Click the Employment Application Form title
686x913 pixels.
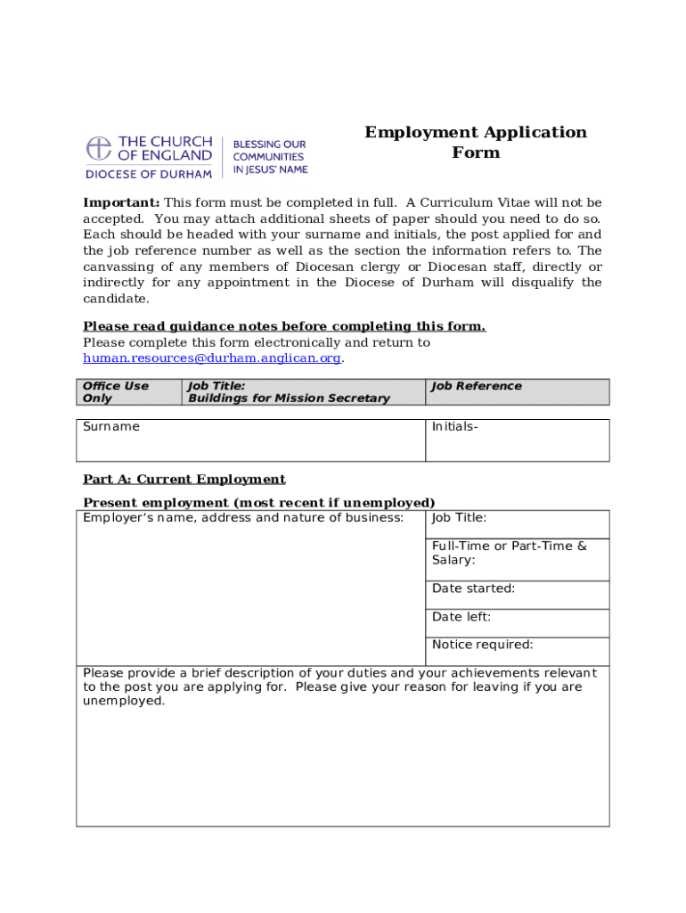[476, 143]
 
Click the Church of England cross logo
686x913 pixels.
[99, 148]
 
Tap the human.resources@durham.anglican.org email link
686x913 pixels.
[212, 358]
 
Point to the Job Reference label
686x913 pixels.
[477, 386]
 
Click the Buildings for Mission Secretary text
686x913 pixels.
[289, 399]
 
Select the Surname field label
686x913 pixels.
[111, 427]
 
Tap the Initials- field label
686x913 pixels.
[455, 427]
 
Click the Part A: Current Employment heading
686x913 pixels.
[184, 480]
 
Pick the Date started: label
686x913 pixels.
[473, 588]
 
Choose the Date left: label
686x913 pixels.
[461, 617]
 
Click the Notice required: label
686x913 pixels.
[482, 645]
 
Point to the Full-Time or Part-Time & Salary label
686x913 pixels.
[509, 553]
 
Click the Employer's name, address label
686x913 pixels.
[242, 518]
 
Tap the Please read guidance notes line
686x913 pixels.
[284, 326]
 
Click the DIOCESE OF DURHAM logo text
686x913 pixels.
[149, 174]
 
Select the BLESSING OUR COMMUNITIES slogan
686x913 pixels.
[270, 156]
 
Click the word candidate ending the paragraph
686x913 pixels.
[115, 299]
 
